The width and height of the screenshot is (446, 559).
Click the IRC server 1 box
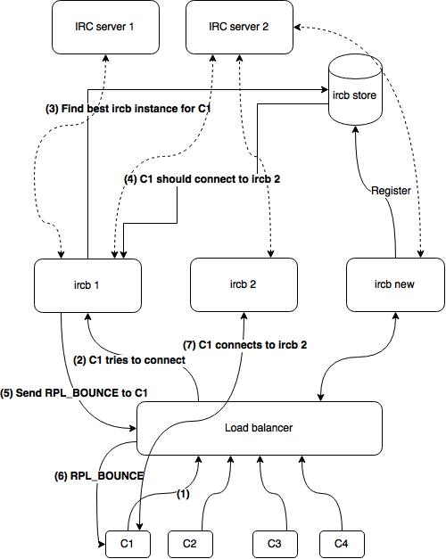point(105,28)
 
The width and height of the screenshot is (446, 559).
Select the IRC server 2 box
point(239,28)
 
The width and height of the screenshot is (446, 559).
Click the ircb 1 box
point(87,285)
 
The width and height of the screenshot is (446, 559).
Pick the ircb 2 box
point(244,284)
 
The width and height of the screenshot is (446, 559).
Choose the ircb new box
point(395,284)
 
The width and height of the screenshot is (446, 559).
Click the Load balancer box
point(260,428)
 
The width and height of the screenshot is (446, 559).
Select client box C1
point(128,544)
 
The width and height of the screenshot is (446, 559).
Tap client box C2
point(190,544)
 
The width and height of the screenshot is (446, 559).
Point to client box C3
point(275,544)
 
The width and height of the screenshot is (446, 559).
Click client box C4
point(342,544)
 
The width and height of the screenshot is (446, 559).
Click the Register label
point(391,191)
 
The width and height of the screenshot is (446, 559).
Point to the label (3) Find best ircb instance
point(128,109)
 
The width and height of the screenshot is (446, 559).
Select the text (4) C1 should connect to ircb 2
point(202,179)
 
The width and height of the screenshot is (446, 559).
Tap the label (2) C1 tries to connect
point(129,360)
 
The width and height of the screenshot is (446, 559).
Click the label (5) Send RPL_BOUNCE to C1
point(74,393)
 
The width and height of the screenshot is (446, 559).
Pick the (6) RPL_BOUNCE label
point(99,476)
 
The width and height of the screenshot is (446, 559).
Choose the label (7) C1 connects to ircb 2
point(244,345)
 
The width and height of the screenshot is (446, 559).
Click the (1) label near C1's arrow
point(183,494)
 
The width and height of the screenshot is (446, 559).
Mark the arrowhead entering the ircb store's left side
point(325,89)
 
